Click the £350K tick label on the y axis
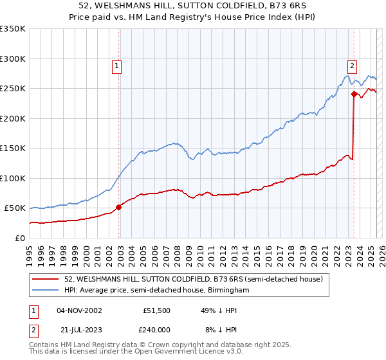point(13,29)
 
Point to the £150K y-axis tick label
point(13,148)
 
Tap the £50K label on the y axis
point(15,208)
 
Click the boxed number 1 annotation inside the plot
point(116,65)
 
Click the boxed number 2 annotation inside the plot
point(353,65)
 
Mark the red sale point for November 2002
point(119,207)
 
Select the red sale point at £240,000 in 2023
point(354,94)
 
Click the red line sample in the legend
point(46,278)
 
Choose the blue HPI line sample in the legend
point(46,290)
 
